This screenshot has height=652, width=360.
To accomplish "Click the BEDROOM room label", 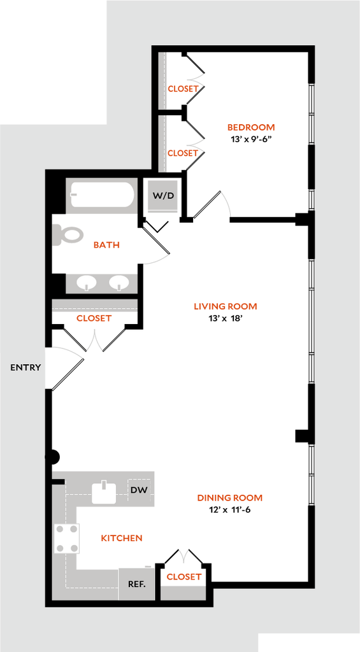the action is pos(251,127).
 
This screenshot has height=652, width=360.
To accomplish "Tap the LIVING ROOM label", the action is pos(226,306).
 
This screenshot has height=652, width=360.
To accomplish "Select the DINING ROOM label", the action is pos(230,498).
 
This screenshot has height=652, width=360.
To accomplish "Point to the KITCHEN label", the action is pos(122,538).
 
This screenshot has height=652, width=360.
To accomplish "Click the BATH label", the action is pos(106,245).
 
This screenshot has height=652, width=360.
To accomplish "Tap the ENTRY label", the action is pos(25,367).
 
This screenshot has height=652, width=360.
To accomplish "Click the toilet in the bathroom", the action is pos(68,236).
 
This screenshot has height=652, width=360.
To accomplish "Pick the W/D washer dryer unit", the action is pos(164,196).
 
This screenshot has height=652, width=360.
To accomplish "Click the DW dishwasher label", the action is pos(139,490).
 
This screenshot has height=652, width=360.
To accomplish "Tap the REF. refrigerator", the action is pos(136,584).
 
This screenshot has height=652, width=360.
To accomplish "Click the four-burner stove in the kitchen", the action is pos(67,539).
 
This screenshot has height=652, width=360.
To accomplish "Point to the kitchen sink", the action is pos(104,492).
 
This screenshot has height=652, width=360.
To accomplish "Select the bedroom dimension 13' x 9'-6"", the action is pos(251,139).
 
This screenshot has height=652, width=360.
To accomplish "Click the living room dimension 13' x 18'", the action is pos(225,318).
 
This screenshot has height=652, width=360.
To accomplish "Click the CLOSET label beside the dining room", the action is pos(184,577).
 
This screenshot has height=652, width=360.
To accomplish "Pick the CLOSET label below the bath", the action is pos(94,318).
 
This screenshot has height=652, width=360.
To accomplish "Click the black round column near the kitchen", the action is pos(52,457).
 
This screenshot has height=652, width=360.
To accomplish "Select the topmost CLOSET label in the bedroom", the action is pos(183,89).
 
